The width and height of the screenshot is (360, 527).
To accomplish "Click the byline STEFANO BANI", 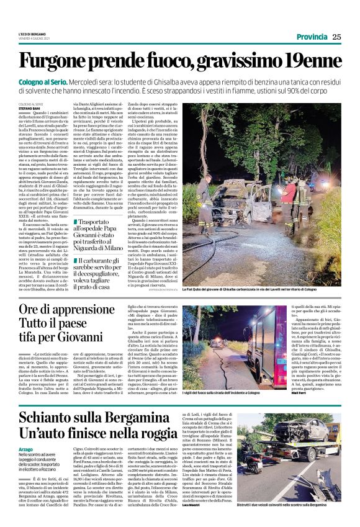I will pos(29,109).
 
